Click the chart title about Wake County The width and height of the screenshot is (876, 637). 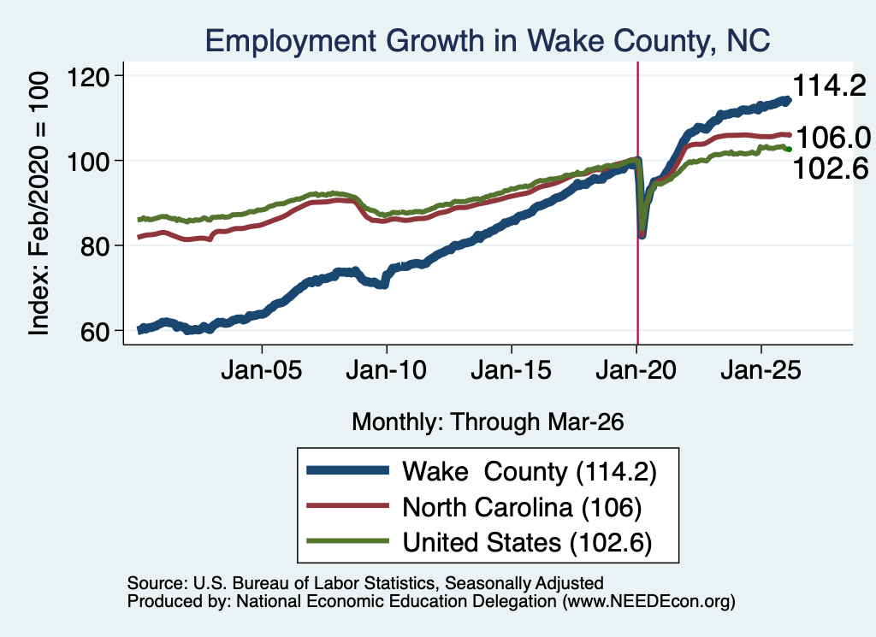[488, 41]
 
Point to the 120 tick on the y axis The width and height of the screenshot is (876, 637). [88, 76]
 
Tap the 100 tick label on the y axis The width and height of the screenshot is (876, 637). [88, 162]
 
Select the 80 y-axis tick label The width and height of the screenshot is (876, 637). [95, 246]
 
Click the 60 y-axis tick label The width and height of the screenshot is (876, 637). [95, 331]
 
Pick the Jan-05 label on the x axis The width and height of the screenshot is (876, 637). [262, 370]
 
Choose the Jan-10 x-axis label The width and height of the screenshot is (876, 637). [387, 370]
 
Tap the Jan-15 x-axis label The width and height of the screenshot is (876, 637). [512, 370]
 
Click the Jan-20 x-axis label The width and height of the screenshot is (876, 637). [636, 370]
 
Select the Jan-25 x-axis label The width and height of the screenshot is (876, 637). [761, 370]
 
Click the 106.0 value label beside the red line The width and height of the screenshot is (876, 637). [833, 138]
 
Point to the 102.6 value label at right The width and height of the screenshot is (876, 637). [831, 168]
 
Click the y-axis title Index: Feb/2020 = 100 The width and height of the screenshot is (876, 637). [38, 203]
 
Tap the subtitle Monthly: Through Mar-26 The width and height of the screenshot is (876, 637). [488, 422]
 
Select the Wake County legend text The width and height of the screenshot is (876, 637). [529, 472]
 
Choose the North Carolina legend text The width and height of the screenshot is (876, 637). [522, 508]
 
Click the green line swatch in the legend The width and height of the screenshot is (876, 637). [347, 541]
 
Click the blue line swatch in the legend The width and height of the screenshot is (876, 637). [347, 470]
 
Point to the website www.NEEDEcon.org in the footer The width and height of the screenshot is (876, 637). [648, 601]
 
